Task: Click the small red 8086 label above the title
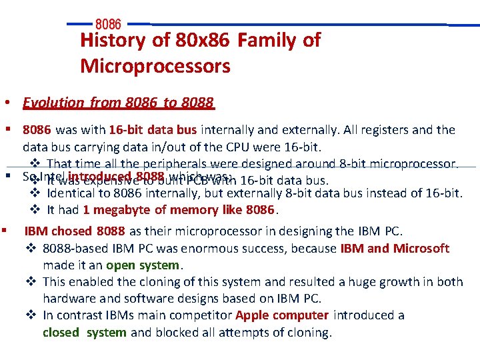tap(109, 25)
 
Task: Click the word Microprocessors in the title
tap(155, 67)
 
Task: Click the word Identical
tap(73, 193)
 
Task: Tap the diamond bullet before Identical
tap(36, 193)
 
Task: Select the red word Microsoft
tap(421, 249)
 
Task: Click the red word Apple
tap(253, 315)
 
